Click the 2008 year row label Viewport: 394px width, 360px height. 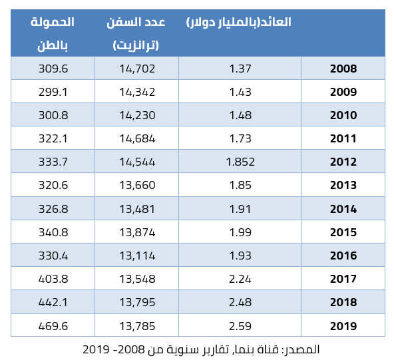pyautogui.click(x=343, y=69)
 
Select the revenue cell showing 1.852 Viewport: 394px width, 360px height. pyautogui.click(x=240, y=162)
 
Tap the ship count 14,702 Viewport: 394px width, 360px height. pyautogui.click(x=137, y=69)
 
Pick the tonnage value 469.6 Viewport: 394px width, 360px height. pyautogui.click(x=53, y=326)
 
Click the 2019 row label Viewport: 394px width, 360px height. pyautogui.click(x=343, y=326)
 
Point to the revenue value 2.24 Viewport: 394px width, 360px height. pyautogui.click(x=240, y=279)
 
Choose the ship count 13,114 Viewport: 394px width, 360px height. pyautogui.click(x=137, y=256)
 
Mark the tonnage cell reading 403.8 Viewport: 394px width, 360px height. pyautogui.click(x=53, y=279)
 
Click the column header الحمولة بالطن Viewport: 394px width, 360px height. pyautogui.click(x=53, y=34)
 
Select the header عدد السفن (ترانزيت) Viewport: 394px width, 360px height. pyautogui.click(x=136, y=34)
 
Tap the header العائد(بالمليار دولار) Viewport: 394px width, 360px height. pyautogui.click(x=239, y=22)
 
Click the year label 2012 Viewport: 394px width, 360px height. pyautogui.click(x=343, y=162)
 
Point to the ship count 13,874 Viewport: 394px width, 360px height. pyautogui.click(x=137, y=232)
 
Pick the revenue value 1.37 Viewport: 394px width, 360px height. pyautogui.click(x=240, y=69)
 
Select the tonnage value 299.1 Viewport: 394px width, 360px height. pyautogui.click(x=53, y=92)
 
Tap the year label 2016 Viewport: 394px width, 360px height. pyautogui.click(x=343, y=256)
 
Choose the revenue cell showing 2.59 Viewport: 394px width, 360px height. pyautogui.click(x=240, y=326)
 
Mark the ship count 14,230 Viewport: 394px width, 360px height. pyautogui.click(x=137, y=115)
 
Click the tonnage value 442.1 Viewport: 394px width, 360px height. pyautogui.click(x=53, y=302)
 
